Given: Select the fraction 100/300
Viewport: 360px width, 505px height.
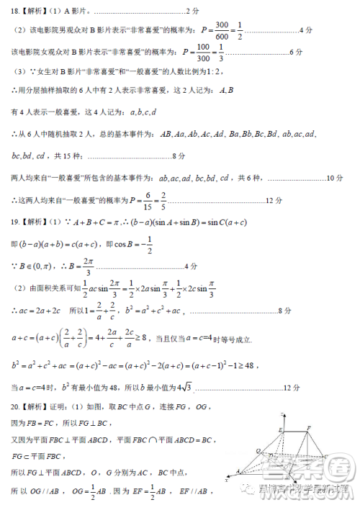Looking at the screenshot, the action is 205,53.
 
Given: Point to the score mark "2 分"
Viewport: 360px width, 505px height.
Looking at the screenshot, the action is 192,11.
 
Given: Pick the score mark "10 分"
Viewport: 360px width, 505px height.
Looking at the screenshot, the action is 333,178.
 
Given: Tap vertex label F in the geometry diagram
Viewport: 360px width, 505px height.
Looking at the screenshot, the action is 307,427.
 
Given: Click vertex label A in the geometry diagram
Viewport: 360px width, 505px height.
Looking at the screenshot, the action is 238,473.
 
